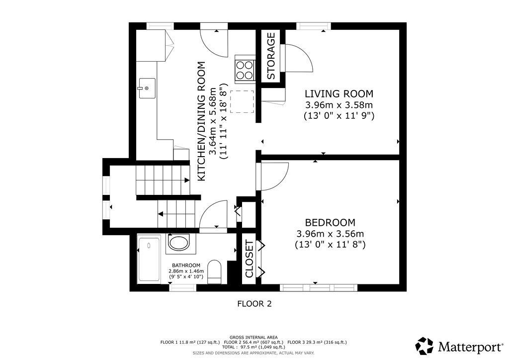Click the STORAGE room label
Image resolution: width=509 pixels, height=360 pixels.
[271, 56]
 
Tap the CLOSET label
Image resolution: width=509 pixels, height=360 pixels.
[250, 259]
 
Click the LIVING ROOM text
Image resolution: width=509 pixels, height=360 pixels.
[339, 94]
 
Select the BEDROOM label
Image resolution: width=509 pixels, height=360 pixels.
[330, 222]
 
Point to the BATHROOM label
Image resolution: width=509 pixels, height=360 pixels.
[186, 265]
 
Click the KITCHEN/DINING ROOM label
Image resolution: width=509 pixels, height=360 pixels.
[202, 121]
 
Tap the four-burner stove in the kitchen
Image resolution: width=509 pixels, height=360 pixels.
[245, 70]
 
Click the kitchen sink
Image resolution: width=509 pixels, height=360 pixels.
[147, 88]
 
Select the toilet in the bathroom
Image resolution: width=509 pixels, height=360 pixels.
[214, 271]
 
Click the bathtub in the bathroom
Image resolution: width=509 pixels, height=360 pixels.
[149, 260]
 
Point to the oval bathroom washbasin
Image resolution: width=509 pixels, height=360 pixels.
[178, 243]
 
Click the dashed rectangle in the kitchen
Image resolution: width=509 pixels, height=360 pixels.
[242, 101]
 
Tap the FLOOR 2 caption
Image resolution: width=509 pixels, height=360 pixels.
[254, 304]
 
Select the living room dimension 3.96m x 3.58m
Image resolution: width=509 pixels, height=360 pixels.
[339, 105]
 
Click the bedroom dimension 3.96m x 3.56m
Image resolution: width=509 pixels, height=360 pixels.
[330, 234]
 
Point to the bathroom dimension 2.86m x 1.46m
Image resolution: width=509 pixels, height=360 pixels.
[186, 271]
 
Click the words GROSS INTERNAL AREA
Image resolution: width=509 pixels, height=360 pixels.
[254, 338]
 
